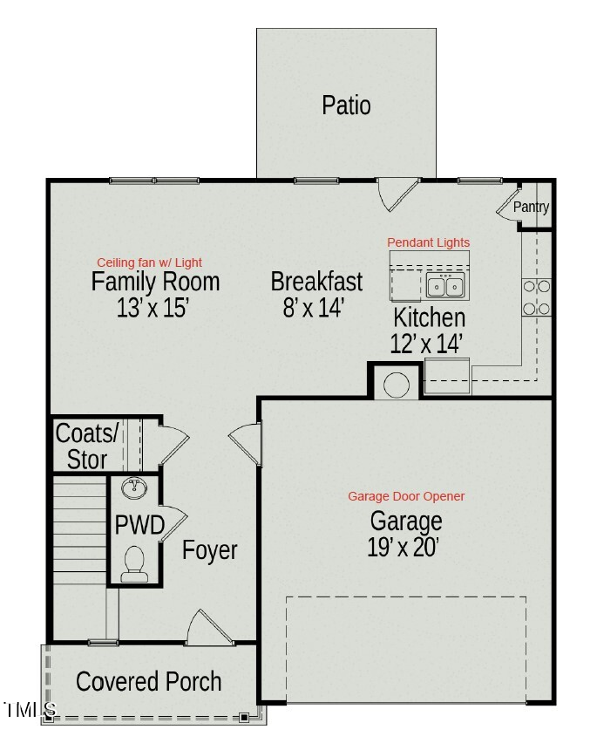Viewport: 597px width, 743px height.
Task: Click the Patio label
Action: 346,106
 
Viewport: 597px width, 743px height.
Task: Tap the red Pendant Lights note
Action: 428,242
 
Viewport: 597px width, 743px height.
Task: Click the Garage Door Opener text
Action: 406,496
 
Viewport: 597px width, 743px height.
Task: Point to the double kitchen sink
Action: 446,285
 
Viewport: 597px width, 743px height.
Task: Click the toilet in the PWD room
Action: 134,564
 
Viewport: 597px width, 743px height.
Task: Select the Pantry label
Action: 531,208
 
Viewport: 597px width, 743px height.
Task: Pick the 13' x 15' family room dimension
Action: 153,308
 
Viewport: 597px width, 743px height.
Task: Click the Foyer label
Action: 209,551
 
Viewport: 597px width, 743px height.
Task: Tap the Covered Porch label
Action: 149,681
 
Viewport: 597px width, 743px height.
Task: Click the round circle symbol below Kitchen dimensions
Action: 397,384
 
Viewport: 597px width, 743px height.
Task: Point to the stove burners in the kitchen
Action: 536,297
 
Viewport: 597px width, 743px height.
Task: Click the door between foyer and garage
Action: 246,442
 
